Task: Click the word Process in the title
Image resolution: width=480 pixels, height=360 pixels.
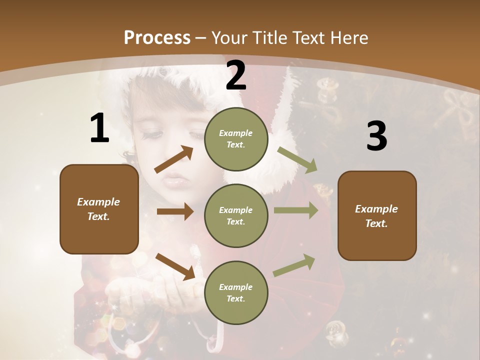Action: (157, 37)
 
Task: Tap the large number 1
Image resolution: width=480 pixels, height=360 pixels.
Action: (99, 128)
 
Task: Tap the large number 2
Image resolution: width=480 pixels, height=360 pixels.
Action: (236, 76)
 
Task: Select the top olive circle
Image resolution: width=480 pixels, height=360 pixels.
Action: (236, 139)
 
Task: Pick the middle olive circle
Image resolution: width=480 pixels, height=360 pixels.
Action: (236, 216)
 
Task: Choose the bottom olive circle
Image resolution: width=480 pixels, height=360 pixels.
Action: (236, 293)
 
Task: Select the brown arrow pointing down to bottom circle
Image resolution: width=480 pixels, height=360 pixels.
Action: (175, 266)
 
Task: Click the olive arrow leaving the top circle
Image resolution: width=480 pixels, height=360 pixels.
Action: (297, 159)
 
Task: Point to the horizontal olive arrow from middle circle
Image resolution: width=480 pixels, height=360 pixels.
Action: (295, 210)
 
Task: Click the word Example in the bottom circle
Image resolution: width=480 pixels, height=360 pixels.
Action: (235, 287)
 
